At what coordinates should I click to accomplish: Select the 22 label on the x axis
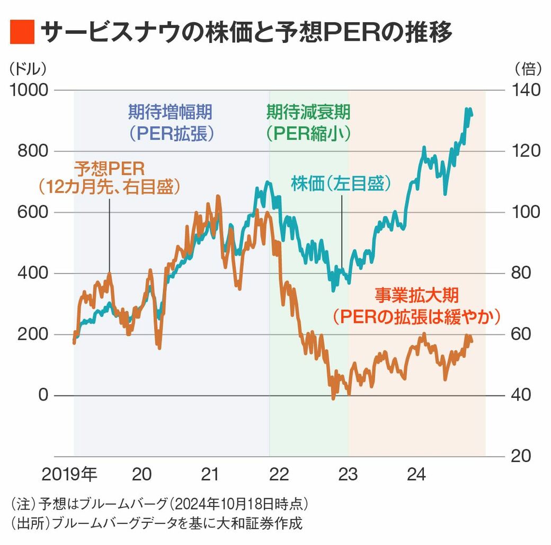(x=279, y=475)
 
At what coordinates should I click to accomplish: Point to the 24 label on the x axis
(x=417, y=475)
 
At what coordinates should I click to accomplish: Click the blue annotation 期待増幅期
(x=171, y=112)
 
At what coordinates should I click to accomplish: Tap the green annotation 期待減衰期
(x=308, y=112)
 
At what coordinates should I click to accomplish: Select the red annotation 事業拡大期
(x=417, y=294)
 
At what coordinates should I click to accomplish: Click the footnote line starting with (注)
(x=159, y=503)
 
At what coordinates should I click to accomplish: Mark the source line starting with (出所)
(x=156, y=524)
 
